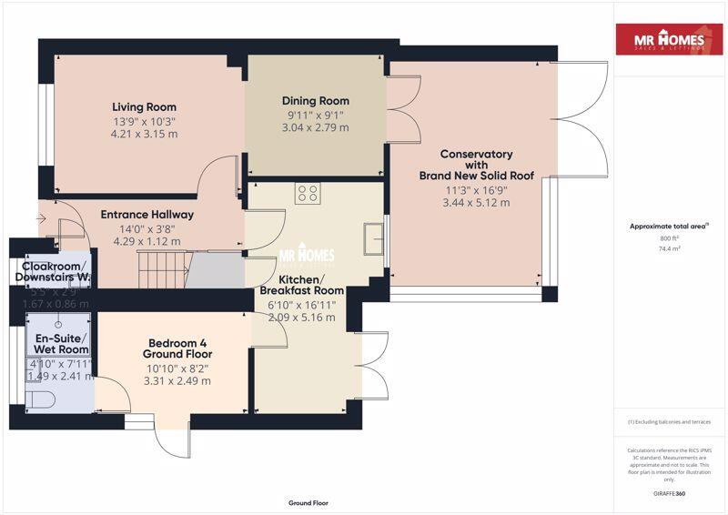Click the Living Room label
[144, 106]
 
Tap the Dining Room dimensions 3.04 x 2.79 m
[315, 128]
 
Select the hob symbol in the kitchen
[308, 193]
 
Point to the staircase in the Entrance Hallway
[163, 268]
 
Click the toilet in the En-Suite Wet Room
[42, 398]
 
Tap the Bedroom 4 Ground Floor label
[178, 348]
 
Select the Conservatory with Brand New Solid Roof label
[476, 165]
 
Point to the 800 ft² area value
[671, 238]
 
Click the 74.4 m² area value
[671, 247]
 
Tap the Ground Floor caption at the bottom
[308, 502]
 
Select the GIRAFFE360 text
[671, 493]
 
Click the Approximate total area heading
[669, 227]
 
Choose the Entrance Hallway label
[147, 215]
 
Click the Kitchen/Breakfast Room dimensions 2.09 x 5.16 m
[302, 318]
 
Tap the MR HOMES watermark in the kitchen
[306, 256]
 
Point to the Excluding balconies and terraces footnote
[670, 422]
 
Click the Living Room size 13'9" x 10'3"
[144, 122]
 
